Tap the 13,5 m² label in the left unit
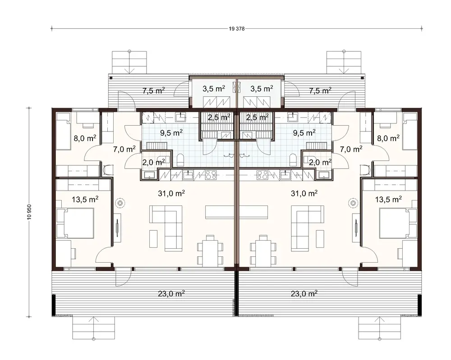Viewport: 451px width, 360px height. point(86,198)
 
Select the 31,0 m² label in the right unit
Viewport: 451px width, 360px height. point(305,193)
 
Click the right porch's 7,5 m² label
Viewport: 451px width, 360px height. point(320,90)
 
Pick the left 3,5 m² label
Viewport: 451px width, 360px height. point(214,89)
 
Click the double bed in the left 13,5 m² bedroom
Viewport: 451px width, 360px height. point(79,224)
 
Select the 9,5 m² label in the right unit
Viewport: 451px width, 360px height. point(304,132)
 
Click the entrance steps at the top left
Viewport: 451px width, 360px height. point(129,62)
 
